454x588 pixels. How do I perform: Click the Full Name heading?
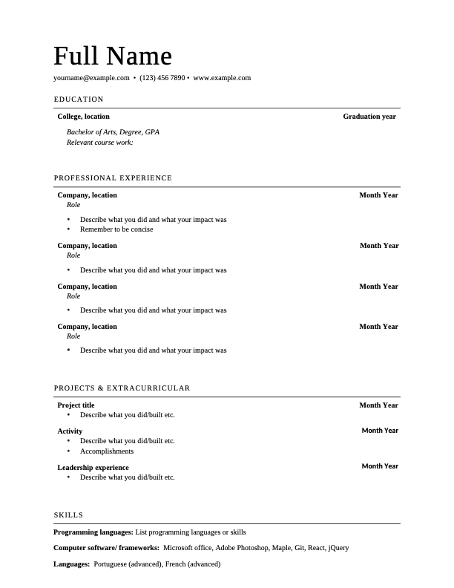tap(113, 56)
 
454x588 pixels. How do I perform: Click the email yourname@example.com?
tap(91, 78)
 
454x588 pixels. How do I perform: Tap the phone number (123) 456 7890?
tap(162, 78)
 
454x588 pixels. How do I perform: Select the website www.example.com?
tap(222, 78)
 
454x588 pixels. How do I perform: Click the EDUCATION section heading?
tap(79, 99)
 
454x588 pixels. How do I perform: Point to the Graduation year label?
tap(369, 117)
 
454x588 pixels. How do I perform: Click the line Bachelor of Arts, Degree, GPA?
tap(113, 132)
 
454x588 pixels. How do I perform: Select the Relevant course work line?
tap(99, 143)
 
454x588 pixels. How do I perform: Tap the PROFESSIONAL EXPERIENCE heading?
tap(113, 178)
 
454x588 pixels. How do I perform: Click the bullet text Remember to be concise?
tap(116, 229)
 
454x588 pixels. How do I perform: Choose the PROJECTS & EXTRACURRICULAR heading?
tap(122, 388)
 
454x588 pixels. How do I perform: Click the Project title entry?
tap(76, 405)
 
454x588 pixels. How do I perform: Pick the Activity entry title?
tap(70, 431)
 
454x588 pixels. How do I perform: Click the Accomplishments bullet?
tap(107, 451)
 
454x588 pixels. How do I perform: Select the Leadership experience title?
tap(93, 468)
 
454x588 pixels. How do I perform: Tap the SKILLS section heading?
tap(68, 515)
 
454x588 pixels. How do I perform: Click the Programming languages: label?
tap(93, 532)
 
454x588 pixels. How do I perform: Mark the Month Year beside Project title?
tap(378, 405)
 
